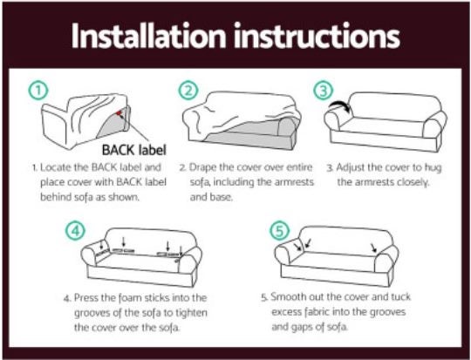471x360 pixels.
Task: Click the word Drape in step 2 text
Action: tap(208, 166)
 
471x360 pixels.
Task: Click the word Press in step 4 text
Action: tap(86, 297)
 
